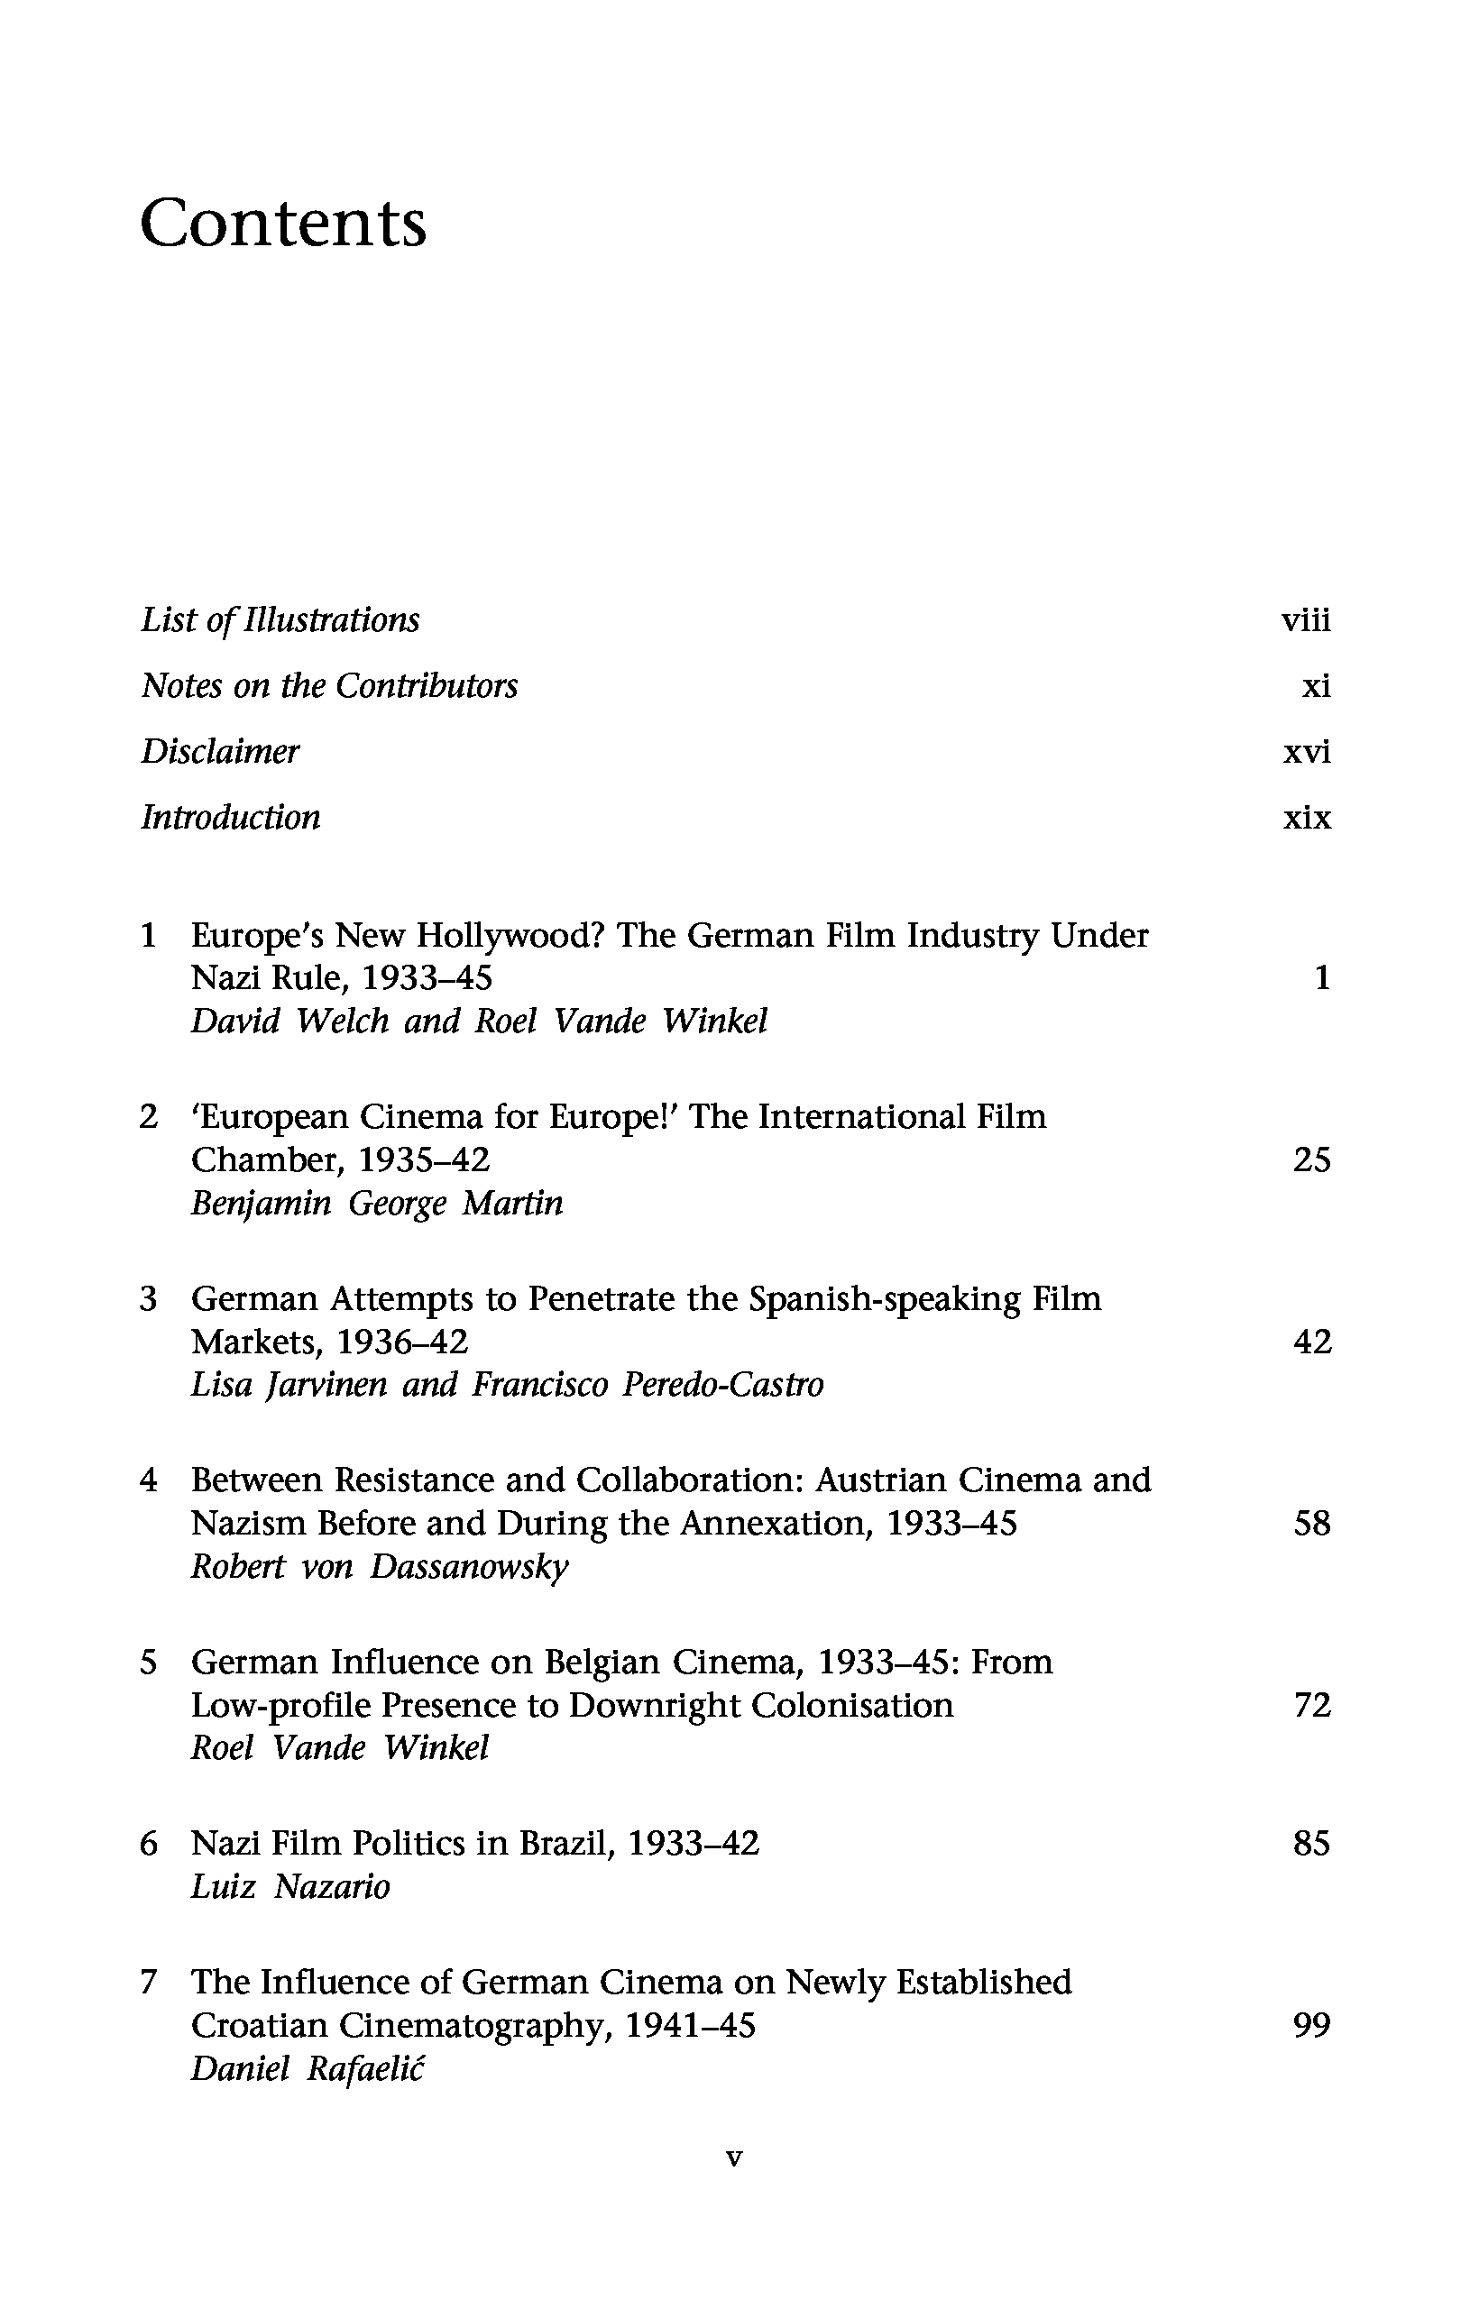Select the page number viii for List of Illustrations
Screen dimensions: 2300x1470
click(1305, 621)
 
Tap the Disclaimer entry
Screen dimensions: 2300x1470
click(220, 752)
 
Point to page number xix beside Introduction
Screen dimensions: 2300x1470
click(1306, 818)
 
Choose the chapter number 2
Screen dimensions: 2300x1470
click(148, 1115)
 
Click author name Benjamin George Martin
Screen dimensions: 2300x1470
click(376, 1204)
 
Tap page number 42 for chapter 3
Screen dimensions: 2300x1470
click(1311, 1342)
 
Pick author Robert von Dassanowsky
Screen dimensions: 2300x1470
click(379, 1567)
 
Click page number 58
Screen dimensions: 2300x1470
click(1311, 1524)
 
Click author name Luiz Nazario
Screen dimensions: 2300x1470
click(290, 1886)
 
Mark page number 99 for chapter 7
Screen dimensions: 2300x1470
click(1311, 2025)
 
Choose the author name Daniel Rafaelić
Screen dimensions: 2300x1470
click(308, 2069)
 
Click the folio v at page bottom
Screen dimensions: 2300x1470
click(733, 2158)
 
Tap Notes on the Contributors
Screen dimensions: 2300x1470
click(328, 686)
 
